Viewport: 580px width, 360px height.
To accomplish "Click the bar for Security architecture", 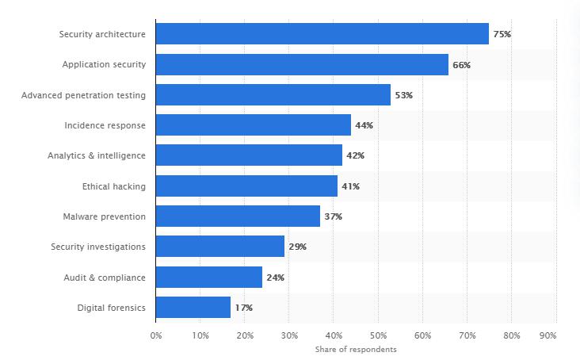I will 322,34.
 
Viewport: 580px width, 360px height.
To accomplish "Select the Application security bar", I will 302,64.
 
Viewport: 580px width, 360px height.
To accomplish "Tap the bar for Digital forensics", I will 193,308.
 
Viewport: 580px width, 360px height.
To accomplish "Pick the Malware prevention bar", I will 238,216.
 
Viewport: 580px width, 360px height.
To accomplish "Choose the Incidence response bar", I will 254,125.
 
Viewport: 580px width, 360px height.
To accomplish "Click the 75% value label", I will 502,34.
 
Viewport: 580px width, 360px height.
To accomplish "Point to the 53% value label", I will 403,95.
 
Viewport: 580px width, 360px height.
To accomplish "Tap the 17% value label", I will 243,308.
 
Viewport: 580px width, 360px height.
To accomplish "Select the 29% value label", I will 297,247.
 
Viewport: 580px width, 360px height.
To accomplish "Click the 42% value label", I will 355,155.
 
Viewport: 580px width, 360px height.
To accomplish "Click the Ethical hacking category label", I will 113,186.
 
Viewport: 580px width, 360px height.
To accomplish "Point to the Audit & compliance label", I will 104,278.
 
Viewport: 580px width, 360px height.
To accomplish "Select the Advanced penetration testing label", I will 83,95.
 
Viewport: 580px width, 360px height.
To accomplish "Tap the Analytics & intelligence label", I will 96,155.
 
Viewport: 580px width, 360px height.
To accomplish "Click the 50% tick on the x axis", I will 378,335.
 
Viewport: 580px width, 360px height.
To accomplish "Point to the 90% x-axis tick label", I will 548,335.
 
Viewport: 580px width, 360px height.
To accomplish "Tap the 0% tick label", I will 156,335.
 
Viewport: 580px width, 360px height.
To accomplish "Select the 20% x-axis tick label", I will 245,335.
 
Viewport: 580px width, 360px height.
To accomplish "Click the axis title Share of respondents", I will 356,350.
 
